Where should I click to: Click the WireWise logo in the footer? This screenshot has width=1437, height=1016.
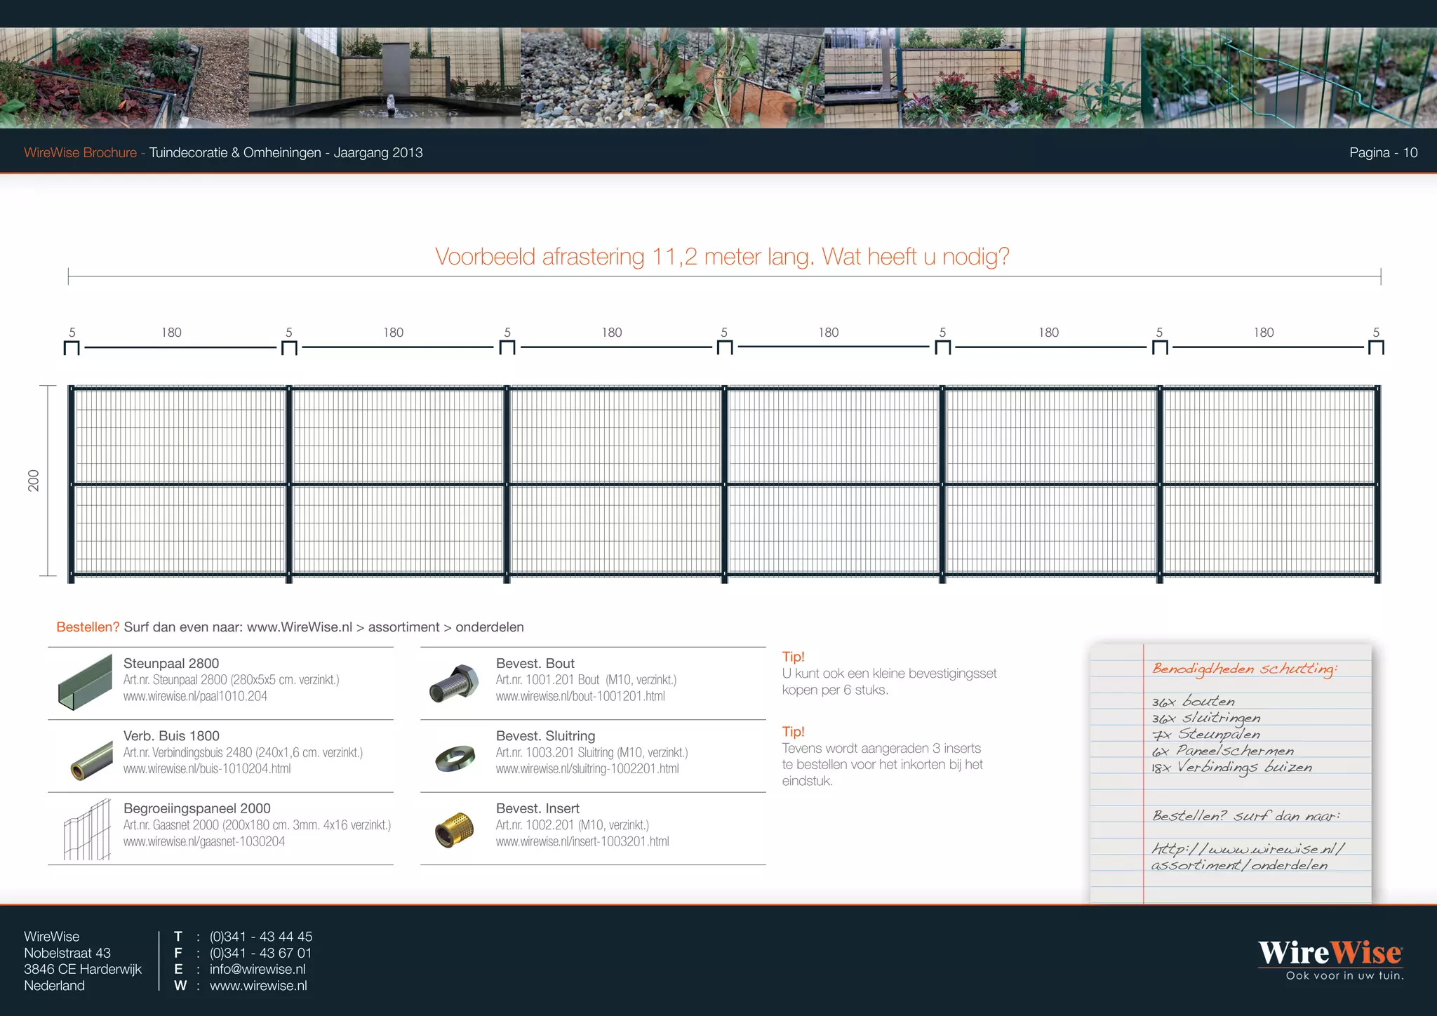pos(1330,959)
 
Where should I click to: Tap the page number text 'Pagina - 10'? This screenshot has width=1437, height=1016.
pos(1383,153)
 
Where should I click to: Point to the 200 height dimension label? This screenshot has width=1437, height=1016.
pos(34,481)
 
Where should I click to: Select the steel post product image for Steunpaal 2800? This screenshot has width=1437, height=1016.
pos(85,682)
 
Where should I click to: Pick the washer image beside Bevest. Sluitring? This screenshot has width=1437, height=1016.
pos(455,758)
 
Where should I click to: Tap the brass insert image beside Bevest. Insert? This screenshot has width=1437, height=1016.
pos(454,830)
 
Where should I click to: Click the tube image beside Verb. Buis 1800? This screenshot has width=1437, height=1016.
pos(91,761)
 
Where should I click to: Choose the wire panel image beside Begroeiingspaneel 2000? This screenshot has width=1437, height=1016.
pos(88,829)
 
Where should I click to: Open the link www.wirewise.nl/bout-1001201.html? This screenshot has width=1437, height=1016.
pos(580,697)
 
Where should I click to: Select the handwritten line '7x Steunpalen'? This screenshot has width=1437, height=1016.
pos(1205,735)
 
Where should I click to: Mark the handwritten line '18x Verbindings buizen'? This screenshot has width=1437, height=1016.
pos(1231,768)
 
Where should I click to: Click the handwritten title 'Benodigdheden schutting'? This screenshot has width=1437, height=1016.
pos(1245,669)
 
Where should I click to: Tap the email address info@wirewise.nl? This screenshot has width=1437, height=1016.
pos(258,969)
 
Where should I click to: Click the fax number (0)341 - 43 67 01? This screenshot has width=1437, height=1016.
pos(260,953)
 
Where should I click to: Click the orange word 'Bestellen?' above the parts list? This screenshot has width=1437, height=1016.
pos(88,627)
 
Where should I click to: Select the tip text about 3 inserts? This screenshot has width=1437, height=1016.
pos(883,765)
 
